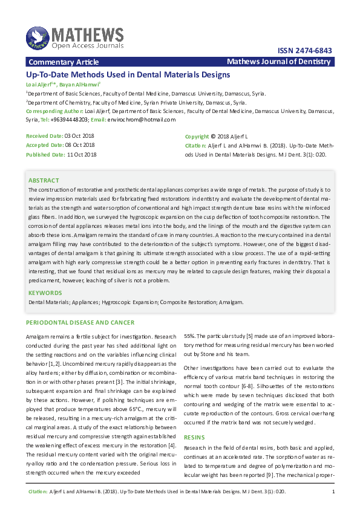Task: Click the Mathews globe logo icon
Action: pos(38,37)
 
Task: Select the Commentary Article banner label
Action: pos(64,62)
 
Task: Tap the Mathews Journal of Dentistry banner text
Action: pos(279,62)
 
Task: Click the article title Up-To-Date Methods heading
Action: pos(128,75)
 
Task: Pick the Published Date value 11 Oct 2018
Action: pos(82,154)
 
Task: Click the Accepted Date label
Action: pos(44,145)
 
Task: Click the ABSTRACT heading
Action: pos(44,180)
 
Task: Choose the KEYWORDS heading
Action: pos(46,293)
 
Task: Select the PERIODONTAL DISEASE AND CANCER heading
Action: pos(80,322)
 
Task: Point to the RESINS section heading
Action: pos(194,436)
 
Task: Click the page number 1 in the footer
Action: pos(333,493)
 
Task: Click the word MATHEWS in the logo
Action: pos(87,34)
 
